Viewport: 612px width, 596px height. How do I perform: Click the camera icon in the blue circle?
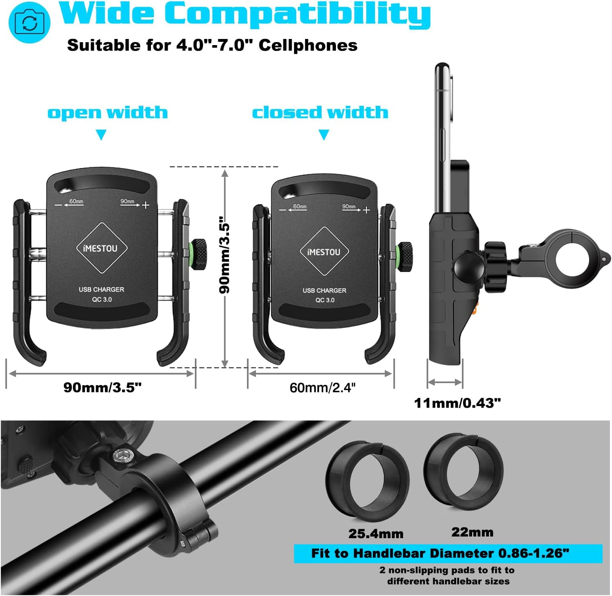click(x=29, y=23)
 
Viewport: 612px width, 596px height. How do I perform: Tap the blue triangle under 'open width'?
click(x=101, y=135)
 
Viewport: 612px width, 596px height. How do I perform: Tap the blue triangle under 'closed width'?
click(x=324, y=135)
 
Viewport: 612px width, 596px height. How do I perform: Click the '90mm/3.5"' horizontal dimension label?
click(x=102, y=387)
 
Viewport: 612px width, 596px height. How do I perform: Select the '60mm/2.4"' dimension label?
click(x=322, y=388)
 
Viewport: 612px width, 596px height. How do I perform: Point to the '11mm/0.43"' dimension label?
click(x=457, y=403)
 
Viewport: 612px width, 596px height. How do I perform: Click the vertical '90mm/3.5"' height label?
click(x=225, y=255)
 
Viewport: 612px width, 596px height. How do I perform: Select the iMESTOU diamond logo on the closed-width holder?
click(x=324, y=251)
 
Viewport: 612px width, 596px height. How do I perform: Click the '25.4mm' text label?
click(x=376, y=534)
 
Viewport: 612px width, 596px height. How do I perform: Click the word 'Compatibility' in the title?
click(x=297, y=15)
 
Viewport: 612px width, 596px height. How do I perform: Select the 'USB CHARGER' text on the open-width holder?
click(x=101, y=290)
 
